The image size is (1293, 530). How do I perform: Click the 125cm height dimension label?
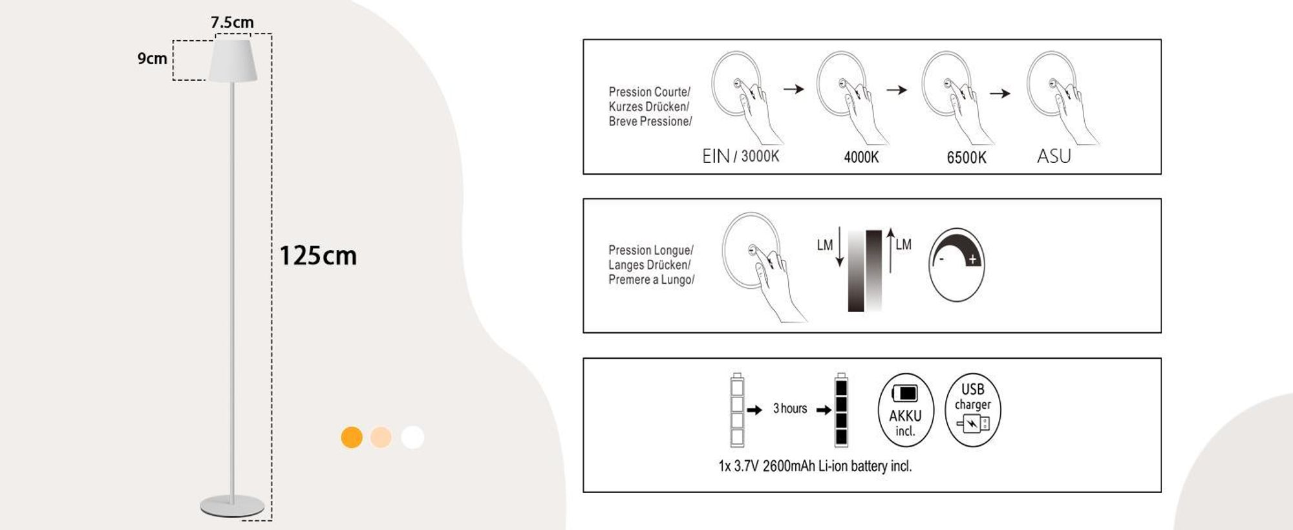317,255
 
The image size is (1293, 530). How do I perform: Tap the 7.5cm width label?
232,22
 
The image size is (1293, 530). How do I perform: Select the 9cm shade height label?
152,58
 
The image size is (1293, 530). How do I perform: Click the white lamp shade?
233,61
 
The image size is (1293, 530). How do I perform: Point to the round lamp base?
232,506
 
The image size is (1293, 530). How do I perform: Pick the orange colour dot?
352,438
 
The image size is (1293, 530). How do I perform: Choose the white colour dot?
412,438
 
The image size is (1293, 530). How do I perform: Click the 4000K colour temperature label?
861,157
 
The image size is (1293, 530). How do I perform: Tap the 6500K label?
967,158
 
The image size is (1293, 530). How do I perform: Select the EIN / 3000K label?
740,156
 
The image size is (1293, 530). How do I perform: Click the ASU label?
1054,156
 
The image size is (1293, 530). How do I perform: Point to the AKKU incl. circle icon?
905,410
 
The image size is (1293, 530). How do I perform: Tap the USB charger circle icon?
972,410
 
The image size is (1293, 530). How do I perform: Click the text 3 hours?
790,408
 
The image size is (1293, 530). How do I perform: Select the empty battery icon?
737,410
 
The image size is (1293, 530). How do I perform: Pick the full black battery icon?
841,410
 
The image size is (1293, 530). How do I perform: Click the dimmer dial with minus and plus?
956,264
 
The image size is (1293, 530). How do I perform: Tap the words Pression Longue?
650,250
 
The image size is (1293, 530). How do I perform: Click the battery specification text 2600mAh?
789,466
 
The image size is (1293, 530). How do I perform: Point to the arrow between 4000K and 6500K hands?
897,90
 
